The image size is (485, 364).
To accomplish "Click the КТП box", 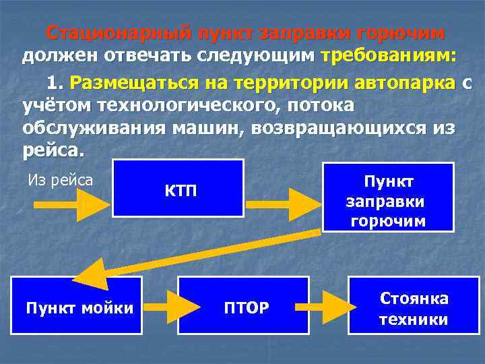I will point(178,188).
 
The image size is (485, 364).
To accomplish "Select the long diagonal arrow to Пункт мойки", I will point(195,254).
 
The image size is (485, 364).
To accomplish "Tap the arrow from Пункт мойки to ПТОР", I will point(160,307).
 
